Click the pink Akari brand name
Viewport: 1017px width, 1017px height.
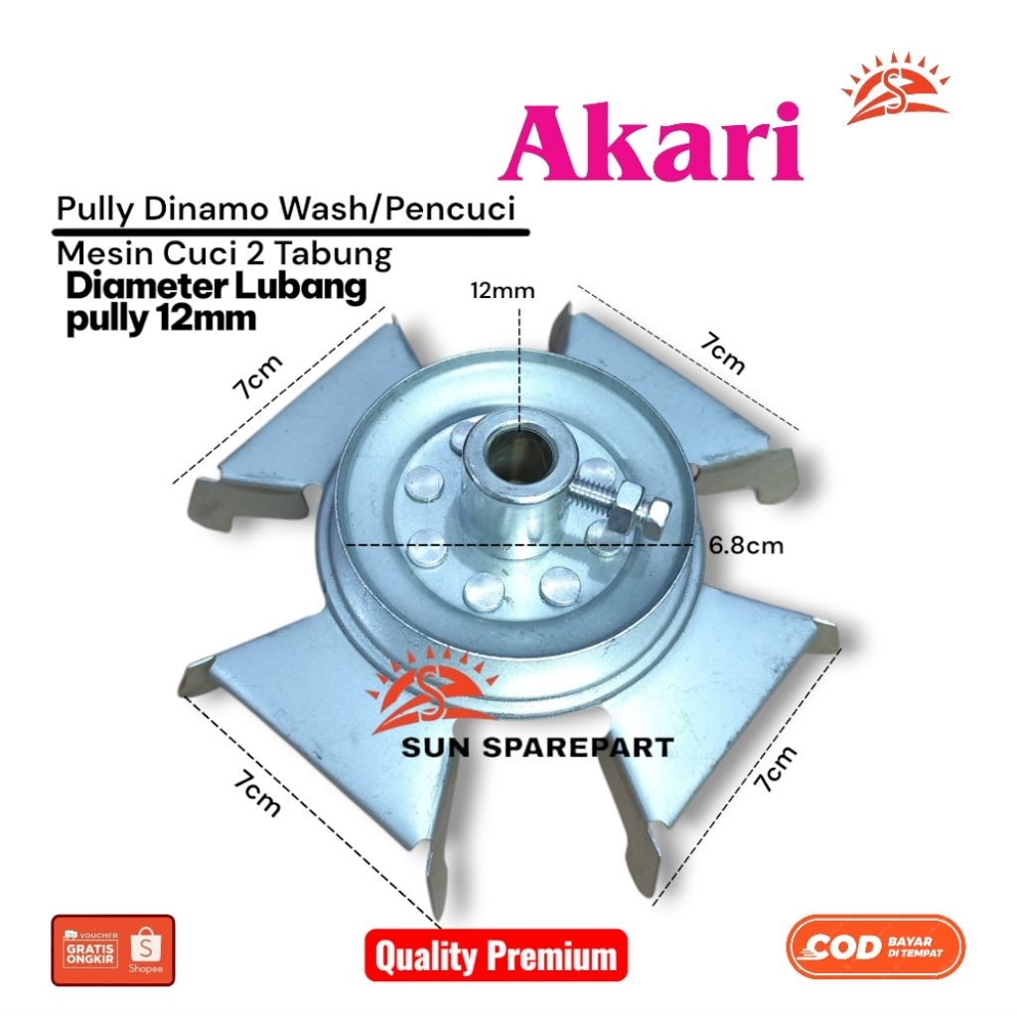(652, 145)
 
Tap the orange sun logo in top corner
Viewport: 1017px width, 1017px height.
(895, 91)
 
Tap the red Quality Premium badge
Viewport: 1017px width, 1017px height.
(496, 955)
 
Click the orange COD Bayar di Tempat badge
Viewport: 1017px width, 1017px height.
(874, 947)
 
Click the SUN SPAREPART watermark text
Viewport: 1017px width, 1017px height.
(537, 747)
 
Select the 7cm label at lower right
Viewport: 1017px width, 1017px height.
(776, 768)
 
